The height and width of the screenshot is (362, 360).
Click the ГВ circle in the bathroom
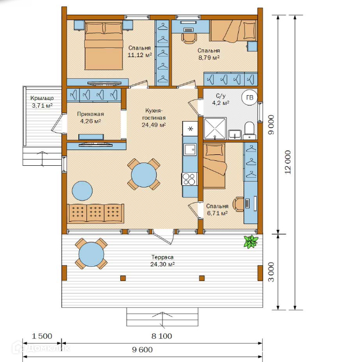pos(250,97)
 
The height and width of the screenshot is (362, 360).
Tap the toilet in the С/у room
pos(250,131)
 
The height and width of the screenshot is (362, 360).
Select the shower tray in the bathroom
pos(215,128)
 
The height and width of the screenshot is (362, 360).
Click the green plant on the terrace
pos(251,241)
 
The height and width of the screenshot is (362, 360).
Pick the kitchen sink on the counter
pos(190,149)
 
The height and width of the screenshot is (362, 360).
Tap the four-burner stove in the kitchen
pos(189,179)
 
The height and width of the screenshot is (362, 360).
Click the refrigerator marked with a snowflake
pos(190,129)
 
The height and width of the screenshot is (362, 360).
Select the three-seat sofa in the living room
pos(95,214)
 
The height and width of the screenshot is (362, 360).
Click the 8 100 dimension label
pos(162,336)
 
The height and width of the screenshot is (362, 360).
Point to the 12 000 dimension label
pos(288,162)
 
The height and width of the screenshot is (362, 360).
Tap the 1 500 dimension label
pos(42,336)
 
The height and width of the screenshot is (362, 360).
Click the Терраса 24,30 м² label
pos(163,261)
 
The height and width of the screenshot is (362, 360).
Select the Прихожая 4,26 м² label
pos(90,117)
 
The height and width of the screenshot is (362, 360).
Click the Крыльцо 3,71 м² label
pos(42,102)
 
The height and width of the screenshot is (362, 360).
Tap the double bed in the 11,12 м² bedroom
pos(104,45)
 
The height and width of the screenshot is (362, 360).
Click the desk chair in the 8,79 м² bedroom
pos(189,38)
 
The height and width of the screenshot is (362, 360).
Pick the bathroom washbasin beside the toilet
pos(234,134)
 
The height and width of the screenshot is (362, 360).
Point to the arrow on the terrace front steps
pos(163,320)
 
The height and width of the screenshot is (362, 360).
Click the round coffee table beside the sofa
pos(82,191)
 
